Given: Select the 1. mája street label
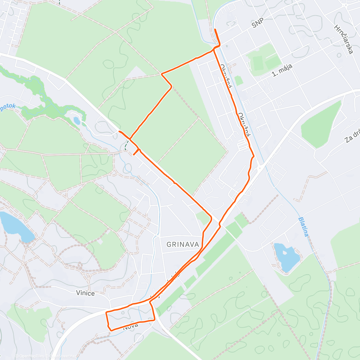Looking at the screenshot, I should click(x=282, y=70).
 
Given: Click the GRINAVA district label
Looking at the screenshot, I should click(x=183, y=244).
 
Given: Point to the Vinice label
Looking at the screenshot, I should click(x=85, y=293).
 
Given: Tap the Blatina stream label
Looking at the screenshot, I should click(x=303, y=227).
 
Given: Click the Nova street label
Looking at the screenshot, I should click(x=131, y=326).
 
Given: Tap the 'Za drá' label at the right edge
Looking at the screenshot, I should click(x=352, y=137).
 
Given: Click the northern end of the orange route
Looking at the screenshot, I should click(x=215, y=29).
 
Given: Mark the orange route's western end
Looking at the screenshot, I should click(x=119, y=131).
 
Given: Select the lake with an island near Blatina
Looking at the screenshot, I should click(x=287, y=257).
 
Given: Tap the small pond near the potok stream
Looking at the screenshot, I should click(x=77, y=121).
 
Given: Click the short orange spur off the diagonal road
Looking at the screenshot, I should click(x=136, y=152).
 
